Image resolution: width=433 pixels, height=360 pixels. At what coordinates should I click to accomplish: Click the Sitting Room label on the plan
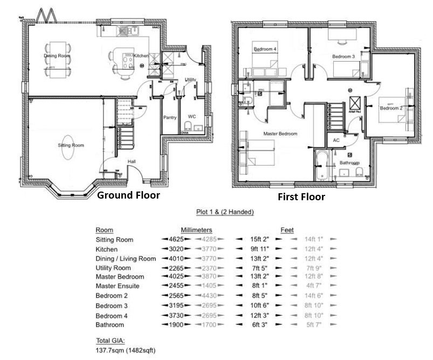click(71, 145)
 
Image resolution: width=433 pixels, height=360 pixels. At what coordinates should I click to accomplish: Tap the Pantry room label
click(170, 117)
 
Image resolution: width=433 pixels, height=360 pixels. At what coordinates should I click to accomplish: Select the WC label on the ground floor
click(191, 117)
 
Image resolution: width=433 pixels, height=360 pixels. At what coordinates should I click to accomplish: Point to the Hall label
click(132, 161)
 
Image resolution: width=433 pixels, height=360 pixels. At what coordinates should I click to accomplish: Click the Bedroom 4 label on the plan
click(265, 49)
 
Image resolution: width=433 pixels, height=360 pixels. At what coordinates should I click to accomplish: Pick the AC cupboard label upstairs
click(336, 140)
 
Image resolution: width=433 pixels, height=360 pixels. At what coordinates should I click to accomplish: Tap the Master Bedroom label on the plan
click(280, 133)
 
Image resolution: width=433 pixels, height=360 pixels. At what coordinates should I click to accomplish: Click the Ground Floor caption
click(128, 195)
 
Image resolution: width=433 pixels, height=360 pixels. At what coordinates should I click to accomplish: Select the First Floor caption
click(301, 197)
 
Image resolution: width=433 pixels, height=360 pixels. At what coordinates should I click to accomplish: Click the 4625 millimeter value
click(176, 240)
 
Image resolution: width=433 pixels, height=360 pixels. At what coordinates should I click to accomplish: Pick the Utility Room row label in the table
click(113, 268)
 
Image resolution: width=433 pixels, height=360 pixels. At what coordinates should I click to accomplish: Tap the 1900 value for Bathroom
click(176, 325)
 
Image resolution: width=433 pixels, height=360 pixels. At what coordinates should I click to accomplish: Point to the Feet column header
click(287, 229)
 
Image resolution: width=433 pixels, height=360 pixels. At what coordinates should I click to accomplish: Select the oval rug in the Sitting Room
click(71, 152)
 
